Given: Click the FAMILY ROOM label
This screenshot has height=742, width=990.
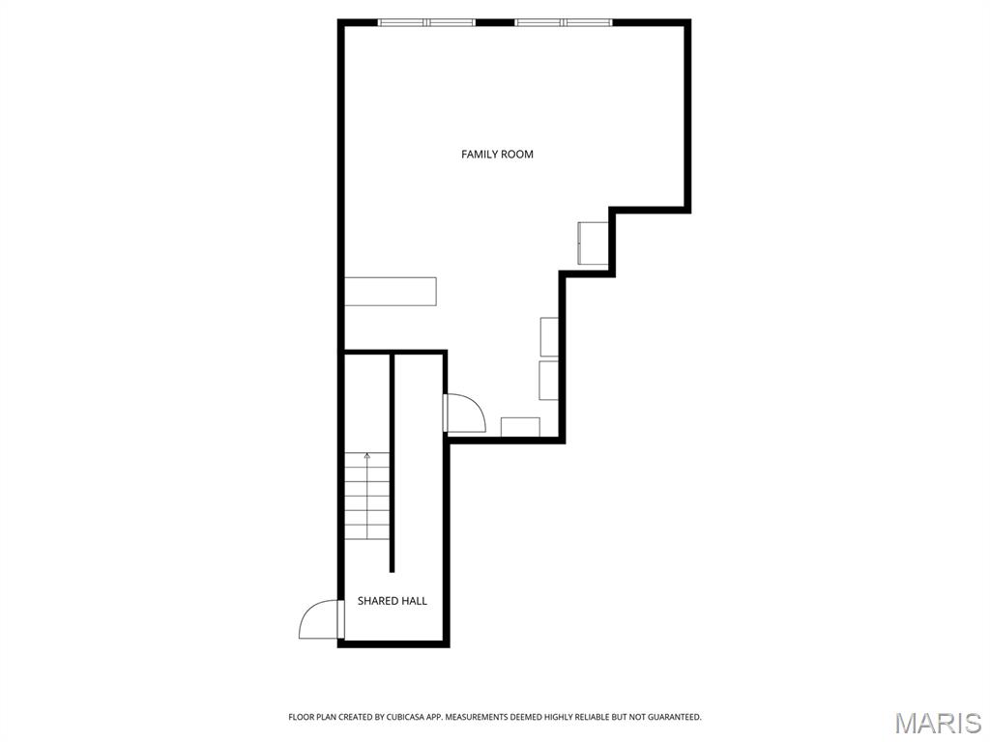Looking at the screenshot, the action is tap(497, 154).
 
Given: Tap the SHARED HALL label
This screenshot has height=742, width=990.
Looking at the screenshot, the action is tap(393, 601).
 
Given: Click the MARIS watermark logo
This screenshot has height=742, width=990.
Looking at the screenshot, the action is tap(938, 723).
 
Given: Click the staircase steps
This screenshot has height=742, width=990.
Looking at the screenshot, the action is tap(366, 496).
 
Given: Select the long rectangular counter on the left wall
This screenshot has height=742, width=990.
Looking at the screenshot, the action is tap(391, 291).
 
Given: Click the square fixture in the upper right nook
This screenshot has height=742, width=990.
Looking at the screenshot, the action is tap(593, 243).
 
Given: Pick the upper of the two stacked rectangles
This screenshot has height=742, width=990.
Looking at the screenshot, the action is tap(549, 337).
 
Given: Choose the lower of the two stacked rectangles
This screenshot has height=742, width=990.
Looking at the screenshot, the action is tap(548, 380).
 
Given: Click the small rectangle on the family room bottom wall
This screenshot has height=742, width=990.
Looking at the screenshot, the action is tap(520, 426).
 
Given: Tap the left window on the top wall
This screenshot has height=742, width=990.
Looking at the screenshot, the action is tap(426, 23).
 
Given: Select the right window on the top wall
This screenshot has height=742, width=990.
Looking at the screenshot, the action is tap(564, 23).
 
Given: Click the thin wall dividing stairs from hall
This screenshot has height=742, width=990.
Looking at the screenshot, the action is tap(393, 463).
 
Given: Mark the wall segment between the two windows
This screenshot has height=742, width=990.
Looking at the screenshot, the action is tap(495, 23).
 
